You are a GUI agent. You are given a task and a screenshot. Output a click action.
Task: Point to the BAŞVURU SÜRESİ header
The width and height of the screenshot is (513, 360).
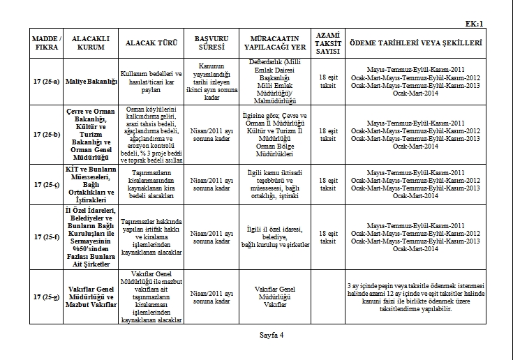pyautogui.click(x=210, y=43)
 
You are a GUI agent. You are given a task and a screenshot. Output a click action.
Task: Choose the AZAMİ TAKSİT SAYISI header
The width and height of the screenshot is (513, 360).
pyautogui.click(x=323, y=43)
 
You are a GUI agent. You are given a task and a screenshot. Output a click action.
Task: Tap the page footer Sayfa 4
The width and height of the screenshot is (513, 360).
pyautogui.click(x=268, y=334)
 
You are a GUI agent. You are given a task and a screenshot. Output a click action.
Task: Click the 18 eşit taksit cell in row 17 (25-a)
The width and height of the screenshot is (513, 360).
pyautogui.click(x=323, y=82)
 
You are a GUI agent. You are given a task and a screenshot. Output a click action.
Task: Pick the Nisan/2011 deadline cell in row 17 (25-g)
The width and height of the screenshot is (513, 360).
pyautogui.click(x=210, y=297)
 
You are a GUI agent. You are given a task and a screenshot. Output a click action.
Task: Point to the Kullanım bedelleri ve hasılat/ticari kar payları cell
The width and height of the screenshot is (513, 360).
pyautogui.click(x=151, y=82)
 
